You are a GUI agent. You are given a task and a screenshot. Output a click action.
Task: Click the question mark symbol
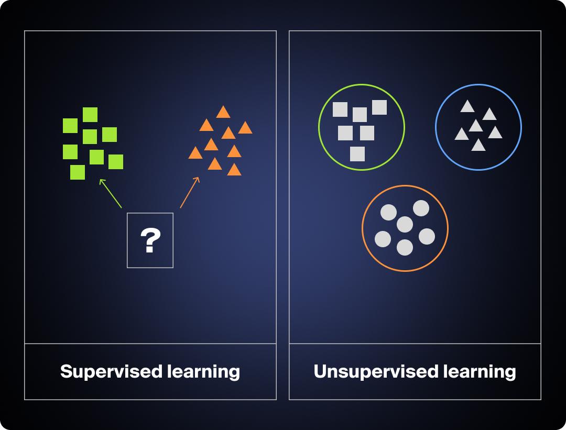pyautogui.click(x=150, y=241)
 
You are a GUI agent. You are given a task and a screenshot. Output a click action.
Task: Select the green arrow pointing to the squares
pyautogui.click(x=111, y=193)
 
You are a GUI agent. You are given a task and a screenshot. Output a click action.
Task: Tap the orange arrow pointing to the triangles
pyautogui.click(x=190, y=192)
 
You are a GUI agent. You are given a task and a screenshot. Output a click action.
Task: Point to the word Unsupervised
pyautogui.click(x=376, y=371)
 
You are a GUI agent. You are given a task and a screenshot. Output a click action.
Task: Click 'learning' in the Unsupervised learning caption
pyautogui.click(x=480, y=371)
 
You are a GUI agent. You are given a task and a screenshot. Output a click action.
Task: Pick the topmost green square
pyautogui.click(x=90, y=114)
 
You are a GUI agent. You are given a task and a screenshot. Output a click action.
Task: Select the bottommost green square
pyautogui.click(x=78, y=172)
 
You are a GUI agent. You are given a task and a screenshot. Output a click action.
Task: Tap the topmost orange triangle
pyautogui.click(x=223, y=112)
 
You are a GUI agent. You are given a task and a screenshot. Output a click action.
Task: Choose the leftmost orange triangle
pyautogui.click(x=195, y=153)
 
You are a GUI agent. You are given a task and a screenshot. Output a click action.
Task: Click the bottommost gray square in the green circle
pyautogui.click(x=357, y=154)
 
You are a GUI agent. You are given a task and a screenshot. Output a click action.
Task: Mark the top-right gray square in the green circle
pyautogui.click(x=379, y=107)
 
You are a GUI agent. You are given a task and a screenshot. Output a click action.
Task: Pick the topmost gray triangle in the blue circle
pyautogui.click(x=467, y=107)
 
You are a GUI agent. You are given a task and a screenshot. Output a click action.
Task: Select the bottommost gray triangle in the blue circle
pyautogui.click(x=478, y=145)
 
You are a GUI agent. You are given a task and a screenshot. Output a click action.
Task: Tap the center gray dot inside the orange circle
pyautogui.click(x=405, y=225)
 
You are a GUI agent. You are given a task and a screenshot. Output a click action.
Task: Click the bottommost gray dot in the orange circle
pyautogui.click(x=405, y=247)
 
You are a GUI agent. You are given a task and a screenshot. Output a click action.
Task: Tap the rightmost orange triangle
pyautogui.click(x=245, y=128)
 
